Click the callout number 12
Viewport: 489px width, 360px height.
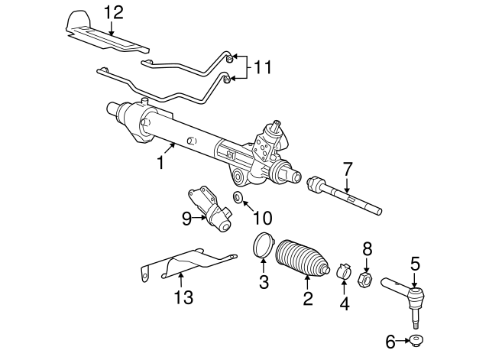coord(114,13)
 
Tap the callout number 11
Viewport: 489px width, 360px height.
coord(263,66)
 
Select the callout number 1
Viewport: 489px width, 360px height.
coord(161,163)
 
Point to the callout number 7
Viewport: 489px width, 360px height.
coord(347,169)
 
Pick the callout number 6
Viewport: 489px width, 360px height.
coord(390,342)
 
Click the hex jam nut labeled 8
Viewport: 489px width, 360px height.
coord(365,278)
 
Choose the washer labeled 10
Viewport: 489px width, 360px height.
coord(238,197)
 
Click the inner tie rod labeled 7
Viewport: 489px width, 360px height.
coord(344,196)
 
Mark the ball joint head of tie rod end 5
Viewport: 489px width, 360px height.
coord(416,296)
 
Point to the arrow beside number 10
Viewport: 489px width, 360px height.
coord(248,206)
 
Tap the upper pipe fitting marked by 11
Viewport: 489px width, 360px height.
coord(229,58)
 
